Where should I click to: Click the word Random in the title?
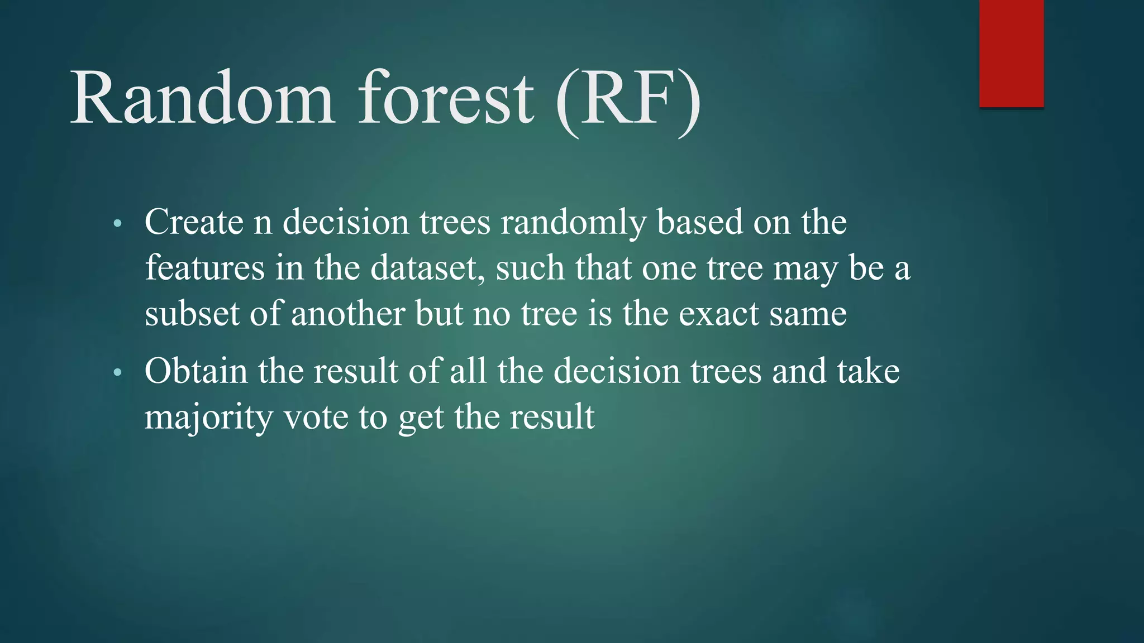(x=202, y=99)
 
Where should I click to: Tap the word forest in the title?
(x=446, y=99)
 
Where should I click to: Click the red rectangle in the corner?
(x=1011, y=53)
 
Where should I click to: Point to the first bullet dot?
(x=117, y=224)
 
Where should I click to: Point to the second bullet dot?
(x=117, y=373)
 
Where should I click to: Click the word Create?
(x=194, y=222)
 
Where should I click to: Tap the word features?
(x=204, y=267)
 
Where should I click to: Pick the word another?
(x=347, y=313)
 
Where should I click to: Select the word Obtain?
(x=196, y=371)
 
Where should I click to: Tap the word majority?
(x=208, y=418)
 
